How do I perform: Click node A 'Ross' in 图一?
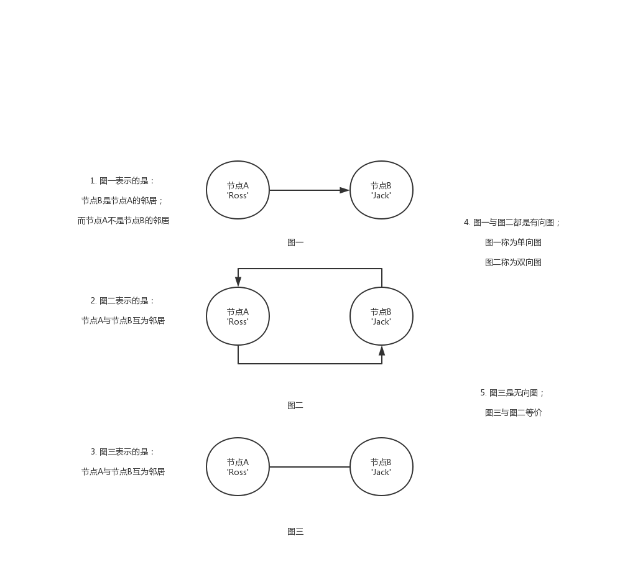click(238, 190)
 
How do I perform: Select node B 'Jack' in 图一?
click(381, 190)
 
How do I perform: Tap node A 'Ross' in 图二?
click(238, 316)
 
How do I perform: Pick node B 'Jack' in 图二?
click(381, 316)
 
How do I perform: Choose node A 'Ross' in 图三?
click(238, 467)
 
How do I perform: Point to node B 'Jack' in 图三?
click(381, 467)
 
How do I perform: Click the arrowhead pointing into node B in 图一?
click(345, 190)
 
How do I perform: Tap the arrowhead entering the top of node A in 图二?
click(238, 282)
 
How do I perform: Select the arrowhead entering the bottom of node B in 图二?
click(382, 351)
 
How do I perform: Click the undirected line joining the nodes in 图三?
click(310, 467)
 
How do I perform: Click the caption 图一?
click(295, 242)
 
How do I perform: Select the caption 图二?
click(295, 405)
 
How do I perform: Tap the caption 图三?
click(295, 532)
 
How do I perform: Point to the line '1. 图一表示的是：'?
click(123, 181)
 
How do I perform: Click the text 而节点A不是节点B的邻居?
click(123, 221)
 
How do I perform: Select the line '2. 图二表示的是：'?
click(123, 301)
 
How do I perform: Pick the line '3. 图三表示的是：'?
click(123, 452)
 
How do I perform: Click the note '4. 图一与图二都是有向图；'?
click(512, 223)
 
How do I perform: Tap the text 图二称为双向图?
click(513, 262)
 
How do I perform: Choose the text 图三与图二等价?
click(513, 413)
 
